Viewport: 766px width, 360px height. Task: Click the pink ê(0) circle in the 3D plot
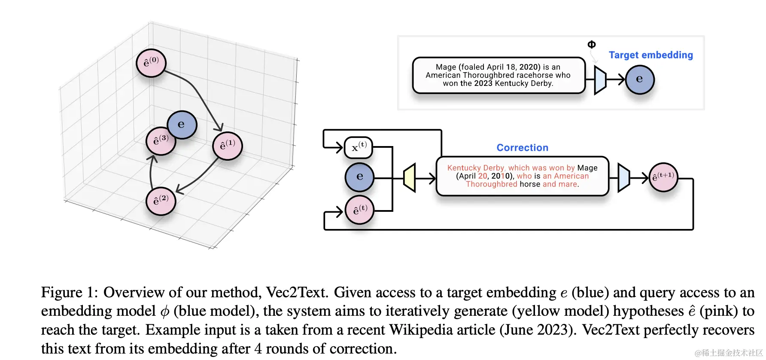[x=151, y=63]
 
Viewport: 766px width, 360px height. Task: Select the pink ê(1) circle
[x=228, y=146]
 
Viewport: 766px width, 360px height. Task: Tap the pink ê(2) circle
[x=161, y=201]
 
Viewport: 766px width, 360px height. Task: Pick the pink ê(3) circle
[x=160, y=141]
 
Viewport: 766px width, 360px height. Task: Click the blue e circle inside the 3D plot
[x=182, y=125]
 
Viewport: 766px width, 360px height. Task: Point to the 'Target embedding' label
[x=650, y=55]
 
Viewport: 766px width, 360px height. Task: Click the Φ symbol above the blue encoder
[x=591, y=45]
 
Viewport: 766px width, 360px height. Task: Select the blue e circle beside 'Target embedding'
[x=640, y=79]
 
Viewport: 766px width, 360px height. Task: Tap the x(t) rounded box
[x=359, y=147]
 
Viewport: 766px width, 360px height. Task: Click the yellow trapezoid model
[x=410, y=177]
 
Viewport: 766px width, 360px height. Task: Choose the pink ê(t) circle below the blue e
[x=360, y=210]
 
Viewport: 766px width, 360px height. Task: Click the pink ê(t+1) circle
[x=663, y=177]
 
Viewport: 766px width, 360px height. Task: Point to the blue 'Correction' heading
[x=522, y=148]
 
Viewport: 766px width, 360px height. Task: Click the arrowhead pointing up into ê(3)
[x=153, y=159]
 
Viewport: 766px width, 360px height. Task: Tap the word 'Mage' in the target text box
[x=446, y=67]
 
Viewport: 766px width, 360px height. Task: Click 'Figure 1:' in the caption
[x=69, y=293]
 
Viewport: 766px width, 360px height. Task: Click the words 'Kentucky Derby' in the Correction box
[x=476, y=168]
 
